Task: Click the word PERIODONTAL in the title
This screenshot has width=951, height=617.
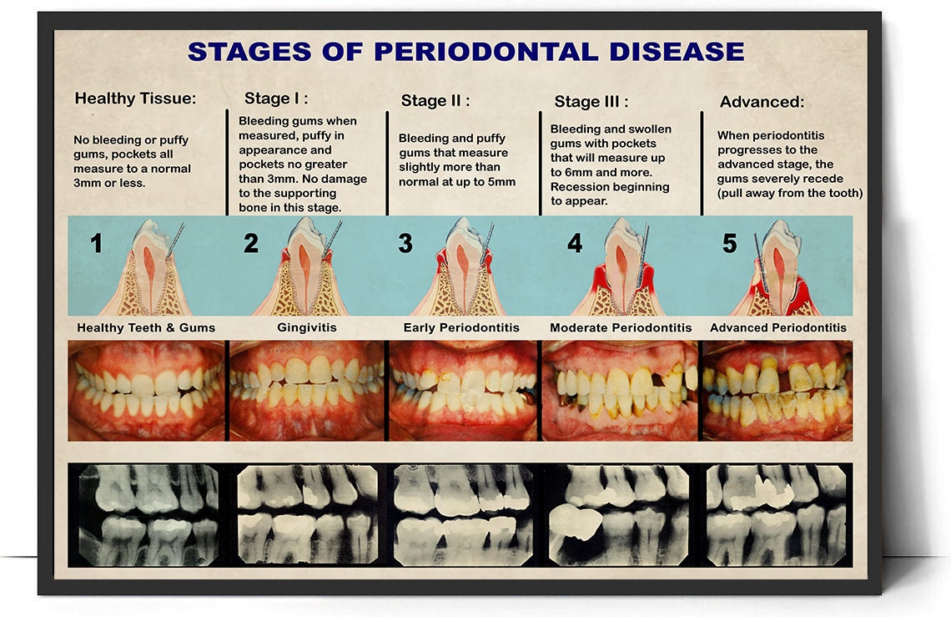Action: pos(487,51)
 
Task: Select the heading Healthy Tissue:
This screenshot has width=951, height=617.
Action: pos(135,99)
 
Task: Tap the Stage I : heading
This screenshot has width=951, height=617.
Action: pos(276,99)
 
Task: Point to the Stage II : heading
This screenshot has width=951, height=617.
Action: pos(435,101)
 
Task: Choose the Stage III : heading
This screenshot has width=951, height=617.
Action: pos(591,102)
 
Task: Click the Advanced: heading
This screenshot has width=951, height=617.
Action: pos(762,102)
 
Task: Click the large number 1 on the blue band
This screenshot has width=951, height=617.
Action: pos(97,244)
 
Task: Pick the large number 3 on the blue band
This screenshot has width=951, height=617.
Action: pos(405,244)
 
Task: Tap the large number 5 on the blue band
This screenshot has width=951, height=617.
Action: pos(730,244)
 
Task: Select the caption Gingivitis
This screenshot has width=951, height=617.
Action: pos(307,327)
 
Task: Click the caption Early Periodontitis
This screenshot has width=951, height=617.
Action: pos(461,327)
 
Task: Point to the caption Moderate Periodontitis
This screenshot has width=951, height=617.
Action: pos(621,327)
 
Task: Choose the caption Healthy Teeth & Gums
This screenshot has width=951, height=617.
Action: pos(146,327)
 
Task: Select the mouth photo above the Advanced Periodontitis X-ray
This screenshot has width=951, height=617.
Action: pos(777,390)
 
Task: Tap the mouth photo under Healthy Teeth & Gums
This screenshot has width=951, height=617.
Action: pos(147,390)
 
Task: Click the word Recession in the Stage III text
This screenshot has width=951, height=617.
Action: pos(581,187)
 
